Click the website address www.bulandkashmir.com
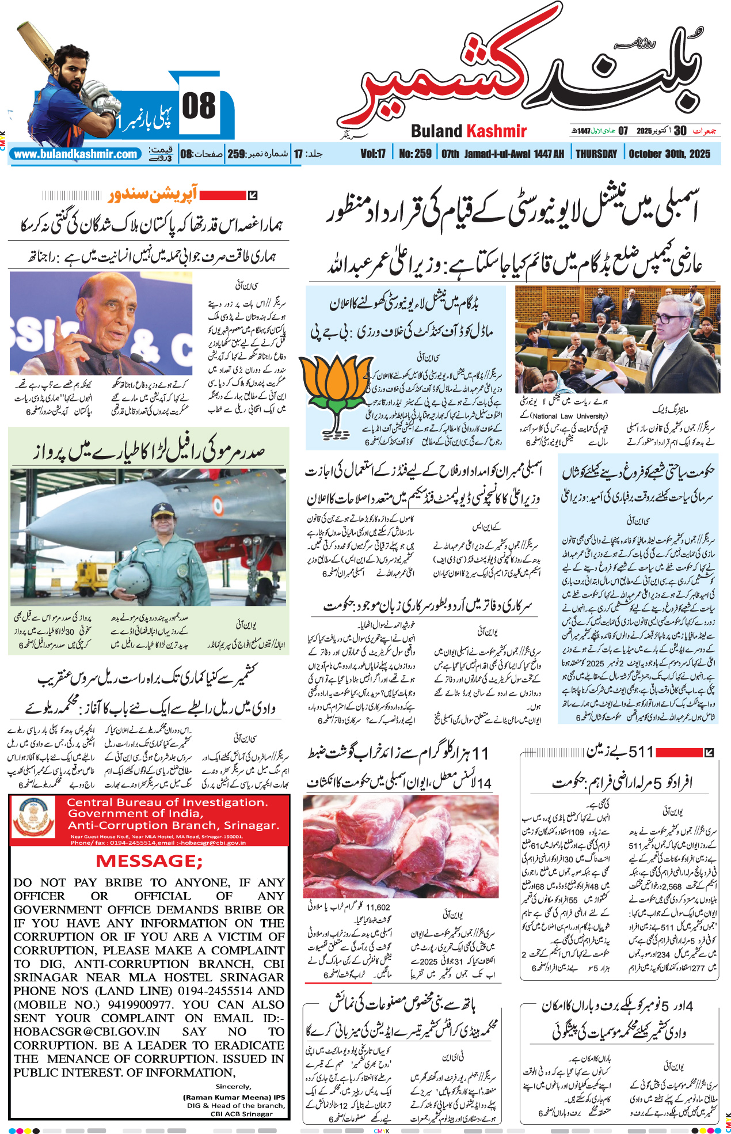point(76,154)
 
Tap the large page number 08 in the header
point(199,107)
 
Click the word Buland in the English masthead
point(436,131)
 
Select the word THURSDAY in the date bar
point(596,154)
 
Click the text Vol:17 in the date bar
point(373,154)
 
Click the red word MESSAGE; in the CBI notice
point(149,861)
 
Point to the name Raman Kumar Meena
point(227,1097)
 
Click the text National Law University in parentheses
point(568,416)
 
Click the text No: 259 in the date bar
point(415,154)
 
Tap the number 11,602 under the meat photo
point(378,907)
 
